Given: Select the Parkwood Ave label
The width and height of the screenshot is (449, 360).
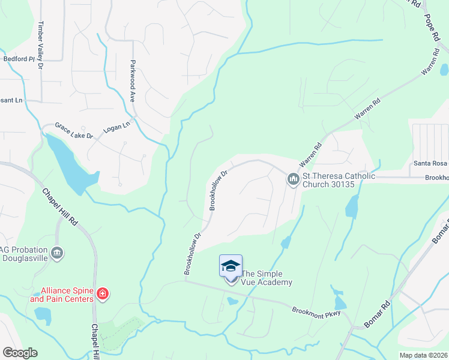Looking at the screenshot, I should (132, 79).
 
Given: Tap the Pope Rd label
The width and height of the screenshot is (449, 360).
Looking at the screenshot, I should (432, 28).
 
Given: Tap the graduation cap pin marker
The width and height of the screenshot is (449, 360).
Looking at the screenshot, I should (231, 266).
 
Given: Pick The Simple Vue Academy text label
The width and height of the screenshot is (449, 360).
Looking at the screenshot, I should (267, 278).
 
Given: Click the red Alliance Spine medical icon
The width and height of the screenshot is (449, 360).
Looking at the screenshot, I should (103, 294).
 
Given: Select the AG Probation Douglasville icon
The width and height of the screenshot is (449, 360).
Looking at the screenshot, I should (57, 253).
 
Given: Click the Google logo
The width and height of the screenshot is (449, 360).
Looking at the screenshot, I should (20, 353).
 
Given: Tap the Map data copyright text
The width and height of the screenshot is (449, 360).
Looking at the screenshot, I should (423, 355).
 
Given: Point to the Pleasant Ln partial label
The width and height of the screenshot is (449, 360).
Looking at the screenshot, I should (11, 100).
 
